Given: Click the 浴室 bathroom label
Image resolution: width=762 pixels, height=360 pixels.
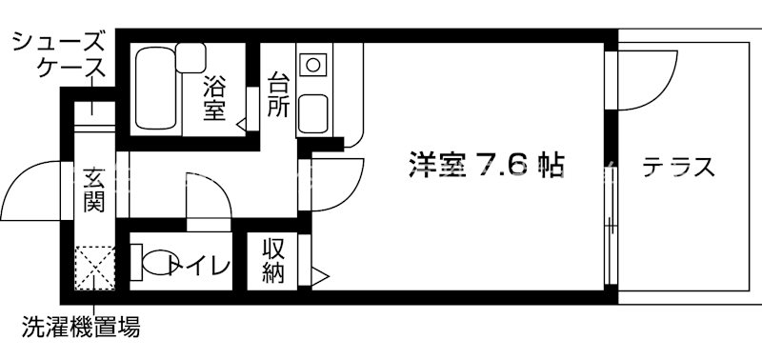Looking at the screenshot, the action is pos(214,98).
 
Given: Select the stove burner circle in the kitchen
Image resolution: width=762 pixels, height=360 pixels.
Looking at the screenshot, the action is pos(311,65).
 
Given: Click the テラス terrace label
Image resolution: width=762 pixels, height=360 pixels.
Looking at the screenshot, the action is pos(678,169).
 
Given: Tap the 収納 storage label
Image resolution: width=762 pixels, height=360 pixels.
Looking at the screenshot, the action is pos(275,260).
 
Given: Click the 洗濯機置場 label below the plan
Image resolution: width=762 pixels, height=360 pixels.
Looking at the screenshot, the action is pos(82,330).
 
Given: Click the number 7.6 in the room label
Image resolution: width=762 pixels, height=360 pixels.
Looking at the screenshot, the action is pos(504,166).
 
